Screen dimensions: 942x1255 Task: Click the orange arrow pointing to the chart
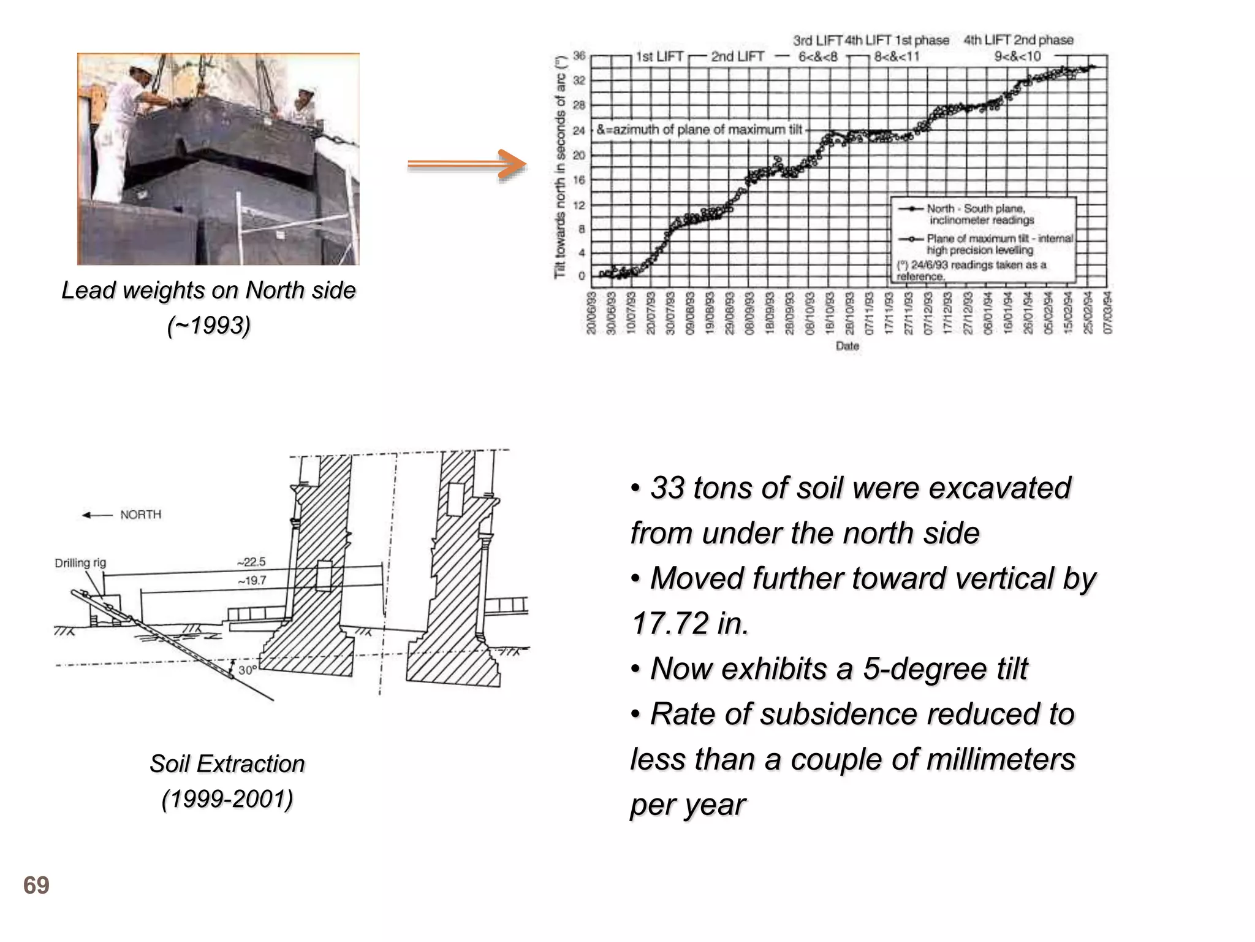[467, 164]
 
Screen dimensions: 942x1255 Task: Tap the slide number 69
[36, 886]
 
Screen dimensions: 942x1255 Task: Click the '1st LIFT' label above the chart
[659, 57]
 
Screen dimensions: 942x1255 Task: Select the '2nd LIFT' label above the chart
[737, 57]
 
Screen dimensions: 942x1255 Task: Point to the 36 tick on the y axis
[579, 56]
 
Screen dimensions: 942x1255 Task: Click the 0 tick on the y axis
[582, 276]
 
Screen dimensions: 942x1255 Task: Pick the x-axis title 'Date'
[847, 347]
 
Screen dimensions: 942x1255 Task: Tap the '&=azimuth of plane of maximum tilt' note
[699, 130]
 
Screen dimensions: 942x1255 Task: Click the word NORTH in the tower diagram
[140, 515]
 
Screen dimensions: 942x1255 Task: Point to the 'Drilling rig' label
[80, 563]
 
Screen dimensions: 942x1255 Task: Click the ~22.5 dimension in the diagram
[251, 562]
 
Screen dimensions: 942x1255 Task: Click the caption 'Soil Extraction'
[227, 764]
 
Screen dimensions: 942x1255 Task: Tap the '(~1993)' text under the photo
[208, 326]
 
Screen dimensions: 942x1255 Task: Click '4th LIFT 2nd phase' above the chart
[1018, 40]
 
